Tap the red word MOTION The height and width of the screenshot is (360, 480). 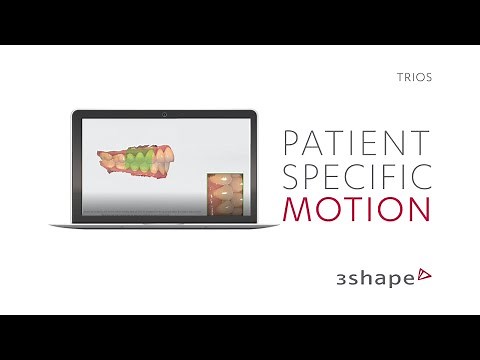tap(357, 209)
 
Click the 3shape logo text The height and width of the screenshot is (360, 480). tap(373, 277)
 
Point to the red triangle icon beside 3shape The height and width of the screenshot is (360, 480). tap(424, 273)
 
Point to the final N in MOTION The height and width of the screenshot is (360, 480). tap(419, 209)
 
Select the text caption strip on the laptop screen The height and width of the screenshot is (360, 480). tap(140, 213)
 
